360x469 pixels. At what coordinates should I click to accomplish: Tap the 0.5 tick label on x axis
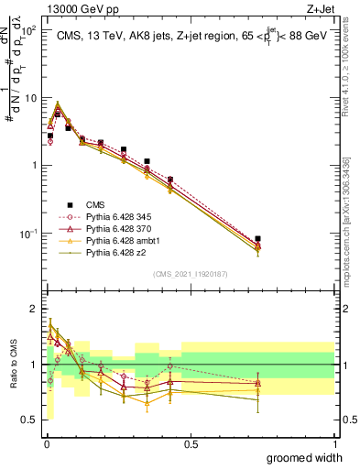191,443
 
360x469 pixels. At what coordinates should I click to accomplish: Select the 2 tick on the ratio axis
33,309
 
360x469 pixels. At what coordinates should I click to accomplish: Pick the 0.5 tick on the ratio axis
29,420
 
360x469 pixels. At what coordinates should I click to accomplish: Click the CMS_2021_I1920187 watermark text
191,273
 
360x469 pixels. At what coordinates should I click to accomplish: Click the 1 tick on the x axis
335,443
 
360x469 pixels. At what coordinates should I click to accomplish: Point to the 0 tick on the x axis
47,443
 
